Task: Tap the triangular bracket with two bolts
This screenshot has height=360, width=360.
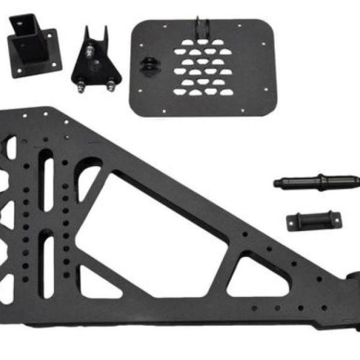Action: tap(96, 60)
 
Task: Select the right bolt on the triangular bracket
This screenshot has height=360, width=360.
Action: tap(112, 85)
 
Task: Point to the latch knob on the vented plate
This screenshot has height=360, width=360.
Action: tap(146, 64)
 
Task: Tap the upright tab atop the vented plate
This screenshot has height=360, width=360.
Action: tap(203, 27)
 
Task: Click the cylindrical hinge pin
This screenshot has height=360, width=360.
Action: tap(316, 181)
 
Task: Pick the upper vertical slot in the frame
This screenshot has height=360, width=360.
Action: tap(46, 180)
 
